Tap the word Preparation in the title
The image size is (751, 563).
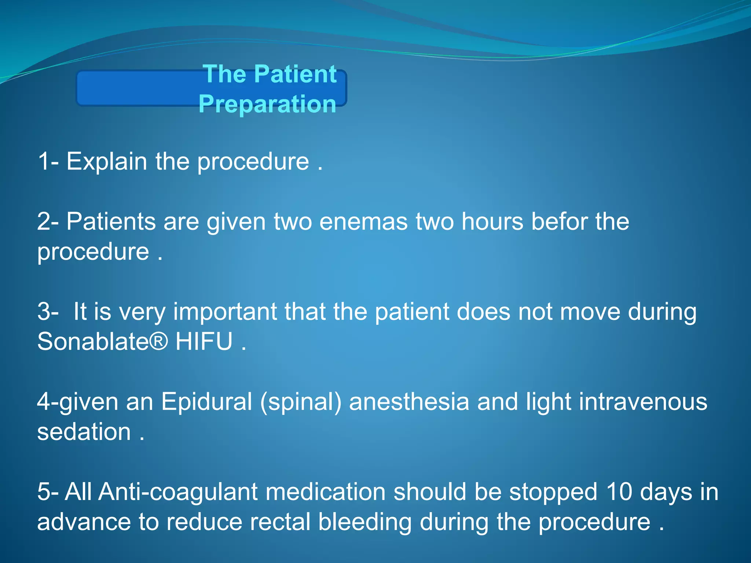[267, 104]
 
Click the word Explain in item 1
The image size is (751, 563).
[106, 162]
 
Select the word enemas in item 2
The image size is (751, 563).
[363, 222]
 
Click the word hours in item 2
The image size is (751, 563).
[492, 222]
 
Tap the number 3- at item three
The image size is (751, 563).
[48, 312]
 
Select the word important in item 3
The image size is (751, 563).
[225, 312]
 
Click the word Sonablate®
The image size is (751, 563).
[103, 342]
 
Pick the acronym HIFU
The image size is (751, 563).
[204, 342]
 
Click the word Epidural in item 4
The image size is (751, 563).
[206, 402]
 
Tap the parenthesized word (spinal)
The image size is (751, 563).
[301, 402]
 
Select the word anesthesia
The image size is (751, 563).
[409, 402]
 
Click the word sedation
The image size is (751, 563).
[84, 432]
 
